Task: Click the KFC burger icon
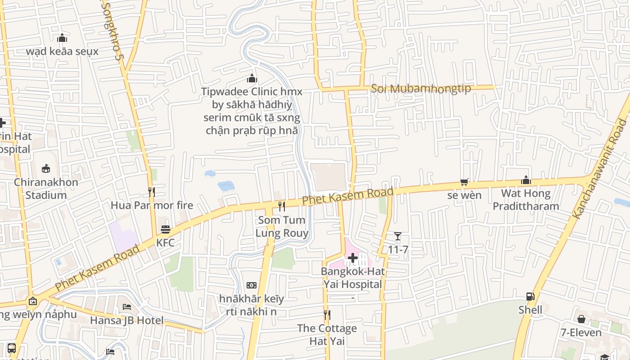tap(166, 229)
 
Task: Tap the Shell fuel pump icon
tap(531, 296)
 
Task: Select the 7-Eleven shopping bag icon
tap(581, 319)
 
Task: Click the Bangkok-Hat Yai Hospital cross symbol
tap(353, 258)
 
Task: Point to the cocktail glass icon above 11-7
tap(398, 236)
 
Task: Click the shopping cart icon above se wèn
tap(464, 182)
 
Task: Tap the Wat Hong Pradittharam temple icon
tap(526, 180)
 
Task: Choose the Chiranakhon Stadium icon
tap(46, 169)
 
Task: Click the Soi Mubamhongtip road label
tap(421, 88)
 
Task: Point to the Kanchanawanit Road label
tap(600, 168)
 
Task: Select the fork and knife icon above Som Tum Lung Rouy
tap(282, 207)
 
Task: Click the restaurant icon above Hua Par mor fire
tap(152, 192)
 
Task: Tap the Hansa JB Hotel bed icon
tap(127, 307)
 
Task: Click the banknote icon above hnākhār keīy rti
tap(252, 285)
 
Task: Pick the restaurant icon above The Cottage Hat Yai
tap(327, 315)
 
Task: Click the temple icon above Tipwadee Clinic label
tap(252, 78)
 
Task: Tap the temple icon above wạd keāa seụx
tap(62, 38)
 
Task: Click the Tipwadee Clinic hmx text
tap(252, 92)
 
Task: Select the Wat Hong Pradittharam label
tap(526, 200)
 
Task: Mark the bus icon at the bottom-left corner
tap(12, 348)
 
